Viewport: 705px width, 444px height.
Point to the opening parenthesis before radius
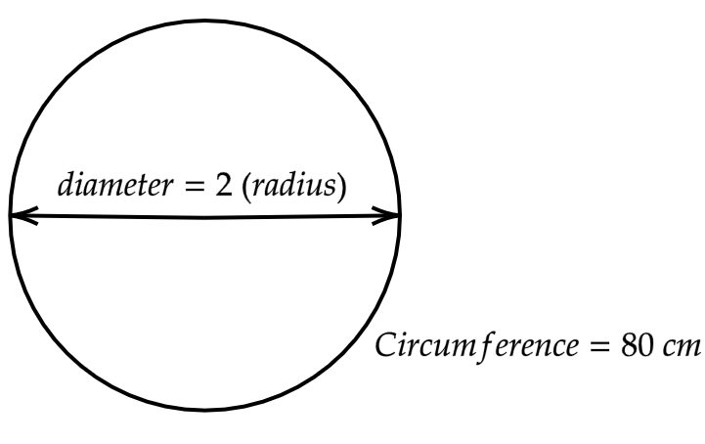pyautogui.click(x=215, y=188)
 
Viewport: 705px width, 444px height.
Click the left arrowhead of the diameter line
pyautogui.click(x=22, y=216)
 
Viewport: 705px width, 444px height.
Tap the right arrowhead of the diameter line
pyautogui.click(x=389, y=216)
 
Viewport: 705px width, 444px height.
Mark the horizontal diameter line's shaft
pyautogui.click(x=205, y=216)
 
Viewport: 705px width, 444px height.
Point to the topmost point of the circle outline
pyautogui.click(x=205, y=21)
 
